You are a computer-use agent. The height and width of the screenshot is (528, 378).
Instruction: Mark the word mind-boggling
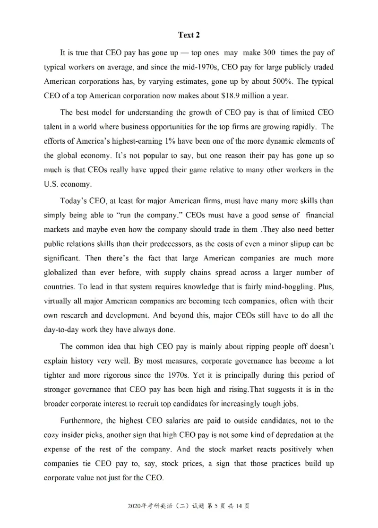pyautogui.click(x=268, y=287)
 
